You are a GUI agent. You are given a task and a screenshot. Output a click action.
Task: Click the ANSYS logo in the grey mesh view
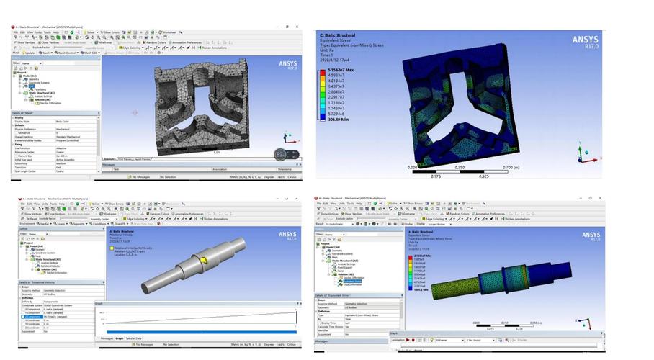(286, 65)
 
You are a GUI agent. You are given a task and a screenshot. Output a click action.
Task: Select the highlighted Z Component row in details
(36, 317)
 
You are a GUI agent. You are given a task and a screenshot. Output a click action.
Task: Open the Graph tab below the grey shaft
(119, 338)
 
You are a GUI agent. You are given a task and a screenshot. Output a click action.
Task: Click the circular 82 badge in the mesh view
(281, 154)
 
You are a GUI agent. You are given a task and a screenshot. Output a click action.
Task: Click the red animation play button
(408, 340)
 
